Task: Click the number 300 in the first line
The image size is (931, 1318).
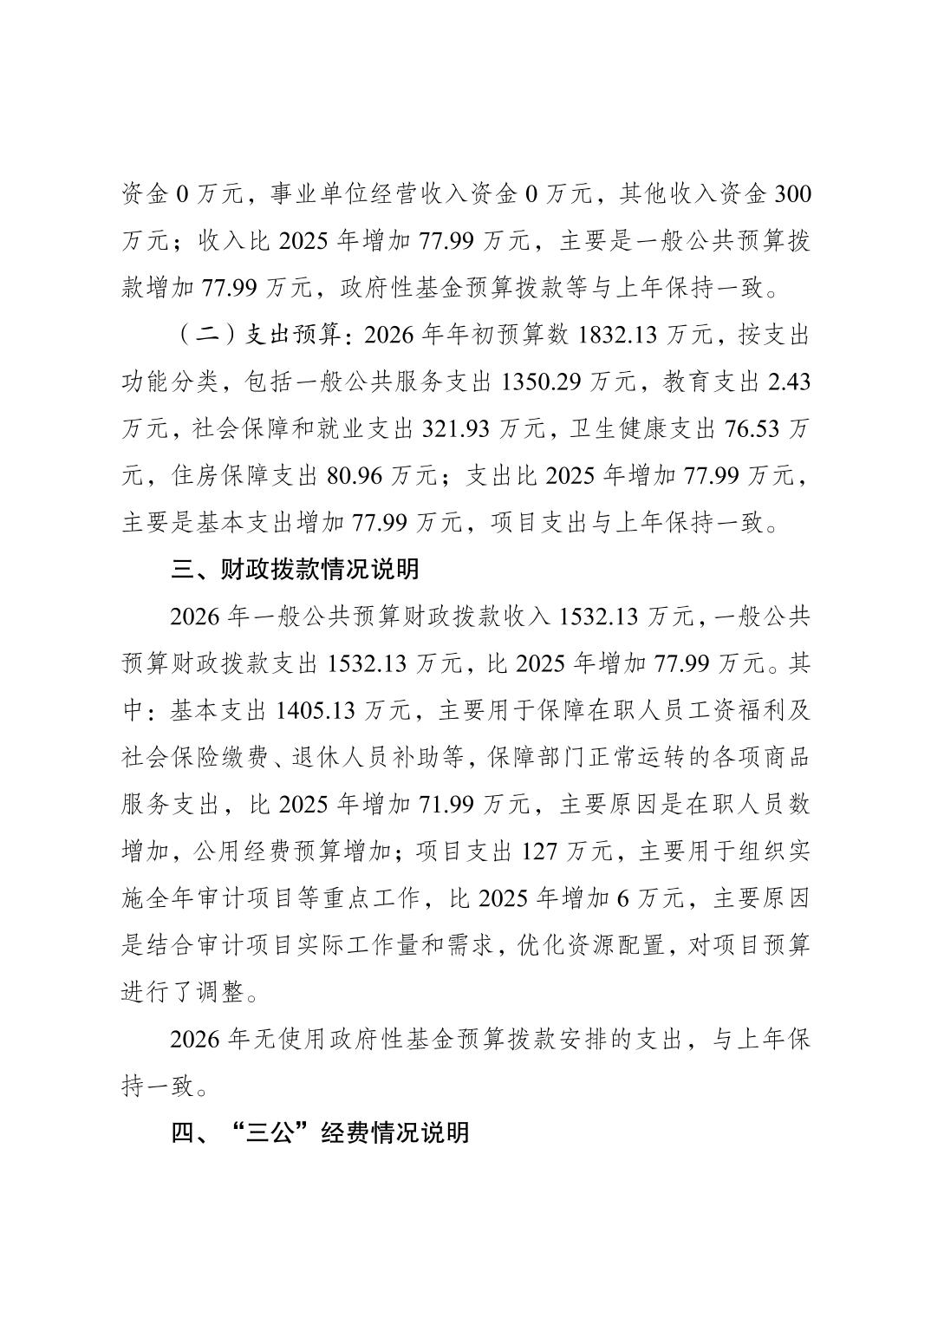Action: (x=791, y=194)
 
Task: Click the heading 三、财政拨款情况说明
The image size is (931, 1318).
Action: (x=295, y=570)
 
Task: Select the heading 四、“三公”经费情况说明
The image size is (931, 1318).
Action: (x=320, y=1132)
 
